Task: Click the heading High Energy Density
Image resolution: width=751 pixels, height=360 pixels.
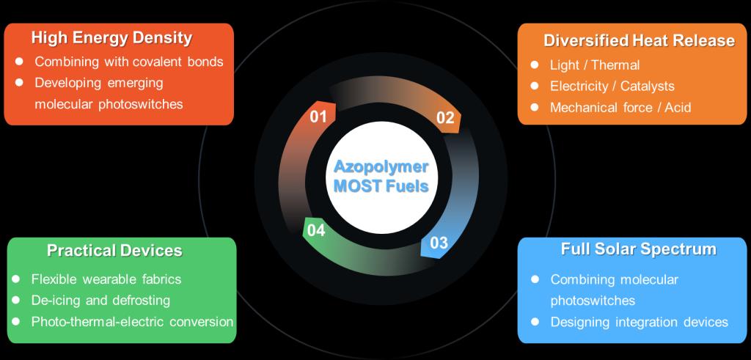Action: tap(111, 37)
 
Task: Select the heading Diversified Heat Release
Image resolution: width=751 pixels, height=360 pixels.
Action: tap(639, 40)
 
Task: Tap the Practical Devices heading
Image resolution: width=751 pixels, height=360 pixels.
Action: tap(114, 251)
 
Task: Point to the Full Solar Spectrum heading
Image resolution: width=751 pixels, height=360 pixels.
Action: tap(638, 249)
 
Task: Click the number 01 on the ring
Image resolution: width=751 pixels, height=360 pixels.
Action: tap(318, 116)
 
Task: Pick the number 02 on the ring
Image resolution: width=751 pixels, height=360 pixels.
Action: tap(445, 118)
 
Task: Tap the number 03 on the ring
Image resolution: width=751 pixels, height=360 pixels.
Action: tap(439, 243)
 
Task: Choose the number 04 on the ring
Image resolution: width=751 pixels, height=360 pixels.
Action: tap(316, 230)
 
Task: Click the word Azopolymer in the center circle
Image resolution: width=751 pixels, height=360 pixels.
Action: tap(381, 166)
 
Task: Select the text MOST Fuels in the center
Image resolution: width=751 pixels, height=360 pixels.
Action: tap(381, 185)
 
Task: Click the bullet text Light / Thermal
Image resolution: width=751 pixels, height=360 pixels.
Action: tap(595, 65)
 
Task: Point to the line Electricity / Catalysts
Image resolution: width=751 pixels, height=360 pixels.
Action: tap(612, 87)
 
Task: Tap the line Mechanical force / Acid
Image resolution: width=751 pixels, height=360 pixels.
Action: tap(620, 108)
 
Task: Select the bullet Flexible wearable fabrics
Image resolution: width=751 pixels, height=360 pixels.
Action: tap(106, 279)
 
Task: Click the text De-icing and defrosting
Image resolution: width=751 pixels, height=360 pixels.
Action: tap(100, 301)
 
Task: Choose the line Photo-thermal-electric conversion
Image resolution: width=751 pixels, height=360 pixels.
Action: tap(132, 322)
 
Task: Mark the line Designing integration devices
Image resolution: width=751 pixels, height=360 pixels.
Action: tap(639, 322)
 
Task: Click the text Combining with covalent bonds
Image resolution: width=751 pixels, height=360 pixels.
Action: tap(128, 62)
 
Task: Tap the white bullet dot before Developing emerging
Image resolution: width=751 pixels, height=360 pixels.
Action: tap(20, 82)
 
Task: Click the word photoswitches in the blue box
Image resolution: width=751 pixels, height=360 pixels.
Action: tap(593, 301)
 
